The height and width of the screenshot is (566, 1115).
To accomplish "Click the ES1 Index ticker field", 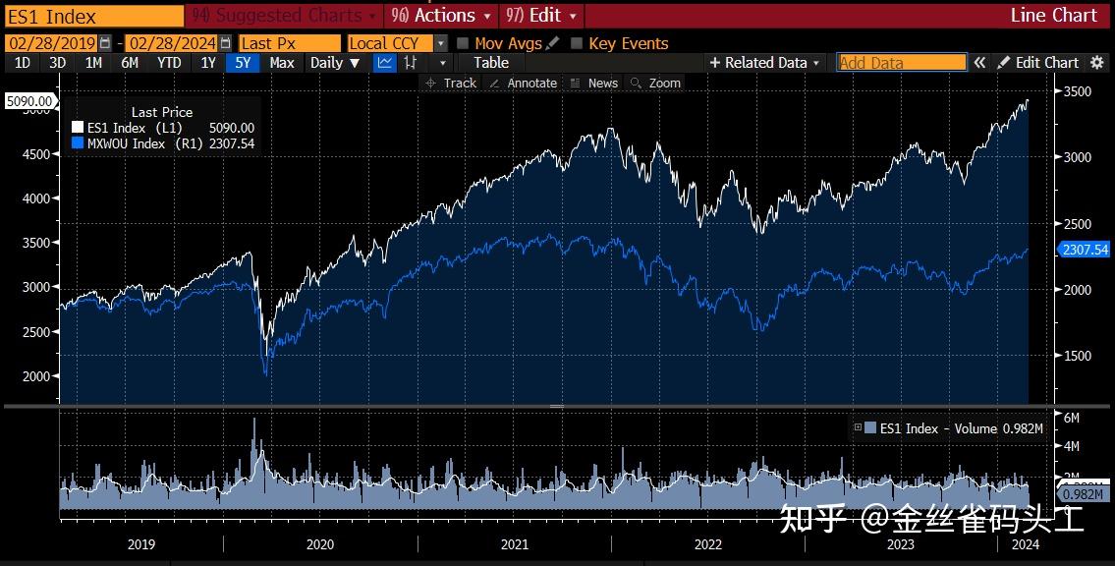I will point(93,16).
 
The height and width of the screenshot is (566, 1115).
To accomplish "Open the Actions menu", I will point(443,16).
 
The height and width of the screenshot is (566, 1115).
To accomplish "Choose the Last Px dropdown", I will point(291,43).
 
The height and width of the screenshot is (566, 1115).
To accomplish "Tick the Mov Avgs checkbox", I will point(463,43).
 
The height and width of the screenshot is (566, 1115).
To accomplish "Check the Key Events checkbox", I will point(577,43).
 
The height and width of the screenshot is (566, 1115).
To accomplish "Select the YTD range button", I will point(169,63).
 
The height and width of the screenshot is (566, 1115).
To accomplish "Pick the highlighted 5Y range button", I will point(242,63).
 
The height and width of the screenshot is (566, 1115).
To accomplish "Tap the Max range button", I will point(282,63).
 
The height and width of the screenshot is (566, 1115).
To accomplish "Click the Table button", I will point(490,63).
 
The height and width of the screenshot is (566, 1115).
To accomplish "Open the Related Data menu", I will point(765,63).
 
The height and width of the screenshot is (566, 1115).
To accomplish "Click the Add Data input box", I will point(901,63).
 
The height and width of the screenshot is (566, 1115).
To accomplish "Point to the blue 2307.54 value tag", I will point(1085,250).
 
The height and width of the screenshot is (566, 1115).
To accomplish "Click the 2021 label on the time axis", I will point(514,543).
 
